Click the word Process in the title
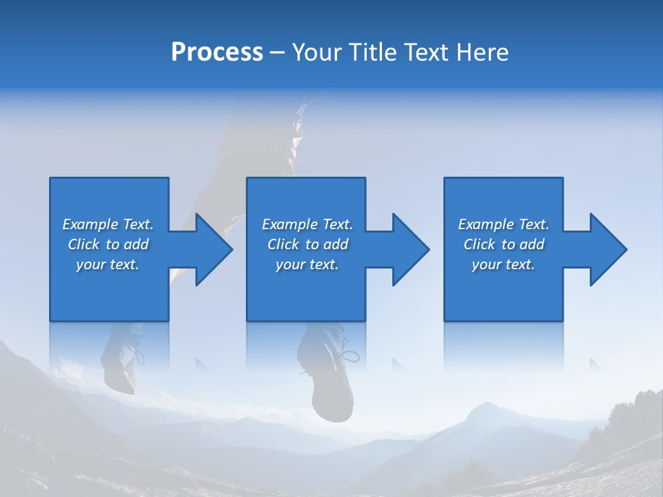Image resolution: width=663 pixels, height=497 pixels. tap(217, 52)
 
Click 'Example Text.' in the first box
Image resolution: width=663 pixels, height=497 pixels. tap(108, 224)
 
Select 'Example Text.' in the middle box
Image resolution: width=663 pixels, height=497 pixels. tap(307, 224)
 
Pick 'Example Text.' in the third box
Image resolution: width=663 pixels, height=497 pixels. tap(503, 224)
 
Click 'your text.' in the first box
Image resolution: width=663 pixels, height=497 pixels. tap(108, 264)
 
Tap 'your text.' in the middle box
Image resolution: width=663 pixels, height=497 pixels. tap(307, 264)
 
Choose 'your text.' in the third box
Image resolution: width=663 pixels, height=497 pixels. tap(503, 264)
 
